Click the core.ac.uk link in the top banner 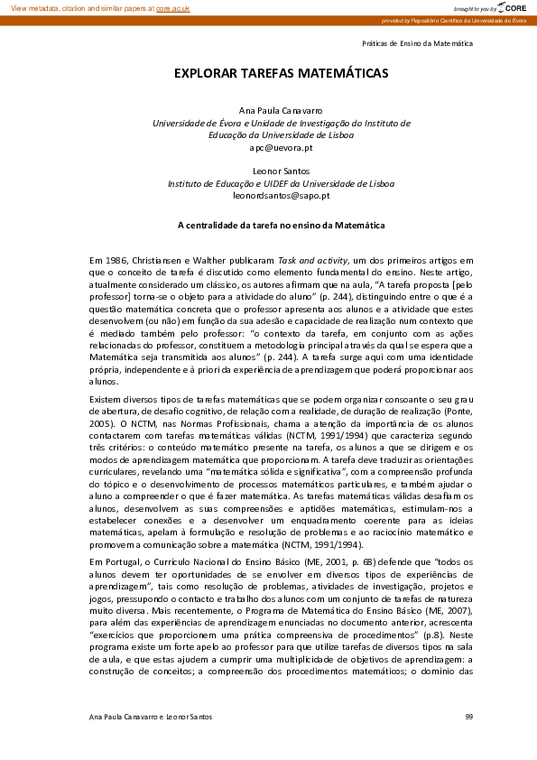pyautogui.click(x=172, y=7)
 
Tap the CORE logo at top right pyautogui.click(x=511, y=7)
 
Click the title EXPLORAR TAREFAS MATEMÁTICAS pyautogui.click(x=268, y=72)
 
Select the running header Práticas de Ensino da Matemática pyautogui.click(x=417, y=43)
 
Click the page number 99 pyautogui.click(x=468, y=716)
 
